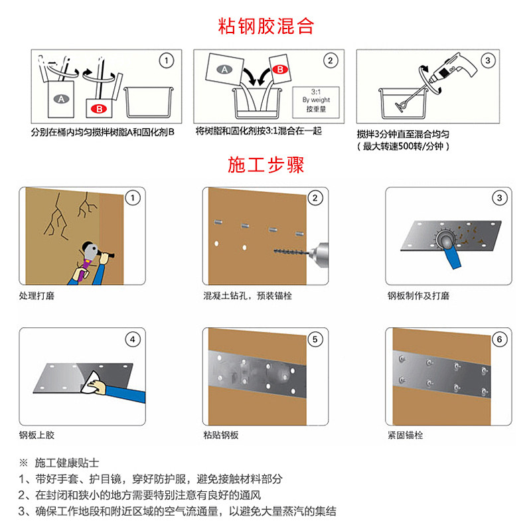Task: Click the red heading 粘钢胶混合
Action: tap(266, 26)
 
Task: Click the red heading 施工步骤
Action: tap(266, 165)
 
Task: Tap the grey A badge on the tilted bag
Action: tap(224, 70)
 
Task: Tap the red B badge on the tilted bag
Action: tap(280, 70)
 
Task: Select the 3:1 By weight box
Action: tap(316, 102)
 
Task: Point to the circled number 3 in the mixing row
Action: tap(488, 60)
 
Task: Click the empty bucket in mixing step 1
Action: tap(149, 102)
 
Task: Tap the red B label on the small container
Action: tap(99, 109)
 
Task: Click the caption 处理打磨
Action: tap(37, 295)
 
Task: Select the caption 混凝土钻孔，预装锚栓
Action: tap(248, 295)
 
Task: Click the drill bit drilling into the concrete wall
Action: tap(291, 252)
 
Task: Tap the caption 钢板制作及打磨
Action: tap(418, 295)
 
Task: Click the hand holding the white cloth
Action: tap(98, 387)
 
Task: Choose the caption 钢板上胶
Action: tap(37, 435)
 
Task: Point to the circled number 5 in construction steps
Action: tap(315, 339)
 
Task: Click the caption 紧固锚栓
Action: tap(405, 435)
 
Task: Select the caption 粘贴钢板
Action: tap(221, 435)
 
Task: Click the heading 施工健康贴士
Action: tap(67, 463)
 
